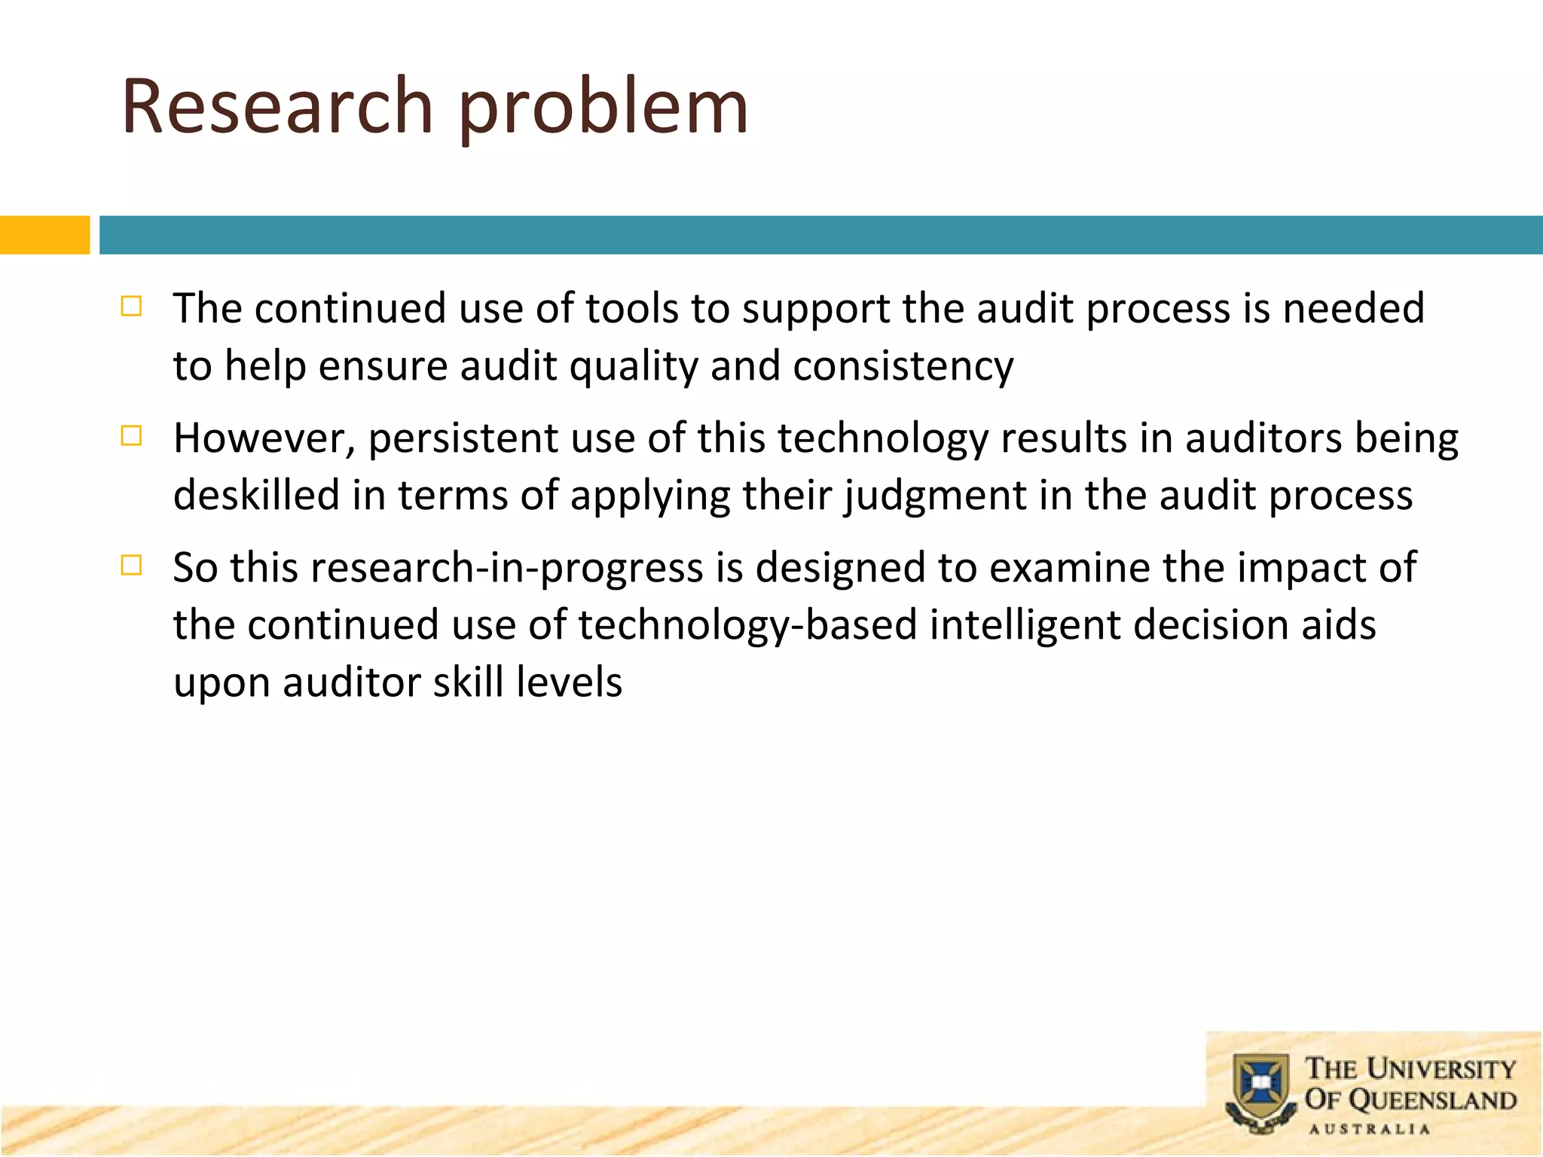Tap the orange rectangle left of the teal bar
click(x=44, y=235)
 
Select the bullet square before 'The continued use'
click(x=131, y=307)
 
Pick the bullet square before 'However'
click(x=131, y=436)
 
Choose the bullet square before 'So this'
click(x=131, y=566)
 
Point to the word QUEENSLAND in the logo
click(x=1431, y=1101)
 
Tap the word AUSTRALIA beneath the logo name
click(x=1369, y=1129)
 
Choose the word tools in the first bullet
click(x=632, y=309)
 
